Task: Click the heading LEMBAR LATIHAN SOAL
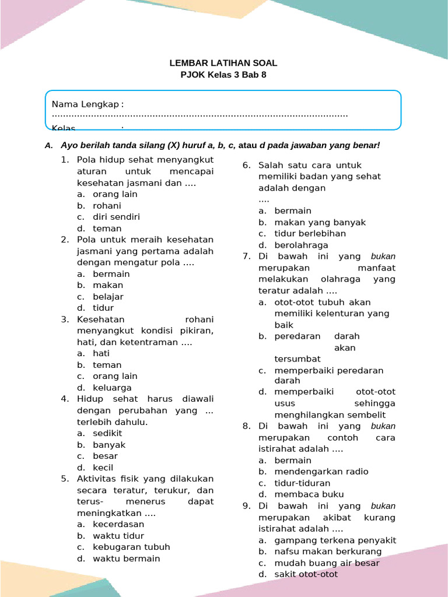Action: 223,63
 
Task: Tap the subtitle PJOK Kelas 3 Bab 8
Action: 223,75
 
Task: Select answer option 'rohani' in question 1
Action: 107,206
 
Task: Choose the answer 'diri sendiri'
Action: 116,217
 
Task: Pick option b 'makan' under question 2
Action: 108,285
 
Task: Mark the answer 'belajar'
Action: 108,297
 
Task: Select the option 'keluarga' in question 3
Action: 112,388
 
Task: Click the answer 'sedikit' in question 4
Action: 107,433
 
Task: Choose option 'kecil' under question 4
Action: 103,468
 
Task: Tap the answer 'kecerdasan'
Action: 118,524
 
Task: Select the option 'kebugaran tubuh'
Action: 131,547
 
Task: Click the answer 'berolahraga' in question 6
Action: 301,245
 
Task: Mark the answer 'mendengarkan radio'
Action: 321,472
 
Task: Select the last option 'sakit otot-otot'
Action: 306,574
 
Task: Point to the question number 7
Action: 246,257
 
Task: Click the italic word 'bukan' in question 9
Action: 383,506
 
